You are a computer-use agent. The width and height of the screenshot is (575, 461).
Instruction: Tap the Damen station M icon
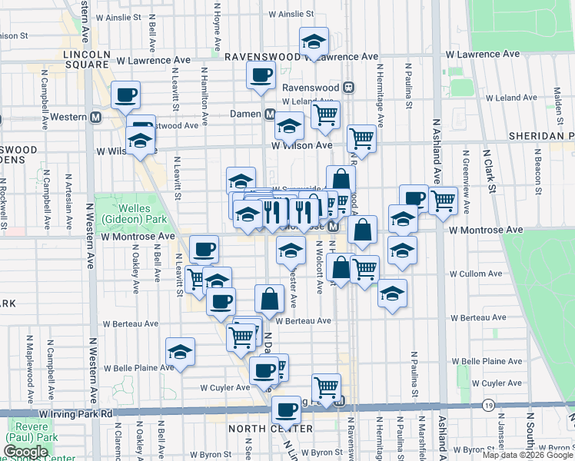tap(271, 114)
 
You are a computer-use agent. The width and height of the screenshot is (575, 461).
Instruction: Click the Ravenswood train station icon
tap(348, 88)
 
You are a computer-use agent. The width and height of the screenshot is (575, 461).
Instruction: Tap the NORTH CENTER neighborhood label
tap(281, 429)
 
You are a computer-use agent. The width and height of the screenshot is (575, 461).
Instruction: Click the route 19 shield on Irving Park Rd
tap(488, 405)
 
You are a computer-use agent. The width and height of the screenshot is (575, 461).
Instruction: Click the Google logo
tap(26, 452)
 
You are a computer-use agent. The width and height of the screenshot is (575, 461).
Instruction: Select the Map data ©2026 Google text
tap(527, 455)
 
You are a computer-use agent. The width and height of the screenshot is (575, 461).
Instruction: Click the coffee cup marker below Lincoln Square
tap(126, 96)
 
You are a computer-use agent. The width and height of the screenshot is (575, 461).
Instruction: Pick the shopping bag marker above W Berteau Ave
tap(270, 299)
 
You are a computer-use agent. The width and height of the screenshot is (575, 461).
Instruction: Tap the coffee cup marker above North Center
tap(287, 410)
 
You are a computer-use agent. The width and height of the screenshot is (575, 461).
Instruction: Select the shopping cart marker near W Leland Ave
tap(326, 114)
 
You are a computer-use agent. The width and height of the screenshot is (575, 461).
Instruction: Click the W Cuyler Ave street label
tap(225, 388)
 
